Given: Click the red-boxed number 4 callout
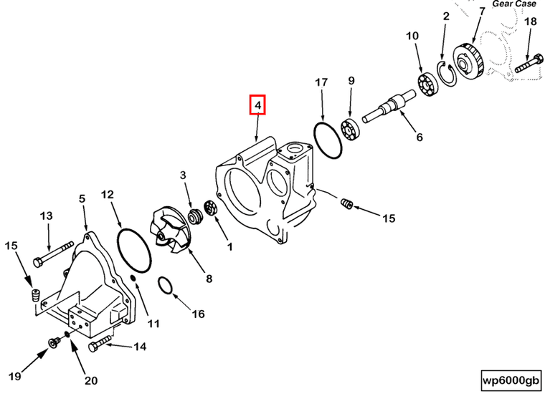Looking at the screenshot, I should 257,105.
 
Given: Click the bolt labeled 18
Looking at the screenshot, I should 526,64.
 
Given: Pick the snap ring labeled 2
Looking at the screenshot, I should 445,74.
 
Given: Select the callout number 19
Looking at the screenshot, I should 12,376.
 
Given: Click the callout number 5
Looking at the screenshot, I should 82,198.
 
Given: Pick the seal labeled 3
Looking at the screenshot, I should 193,216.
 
